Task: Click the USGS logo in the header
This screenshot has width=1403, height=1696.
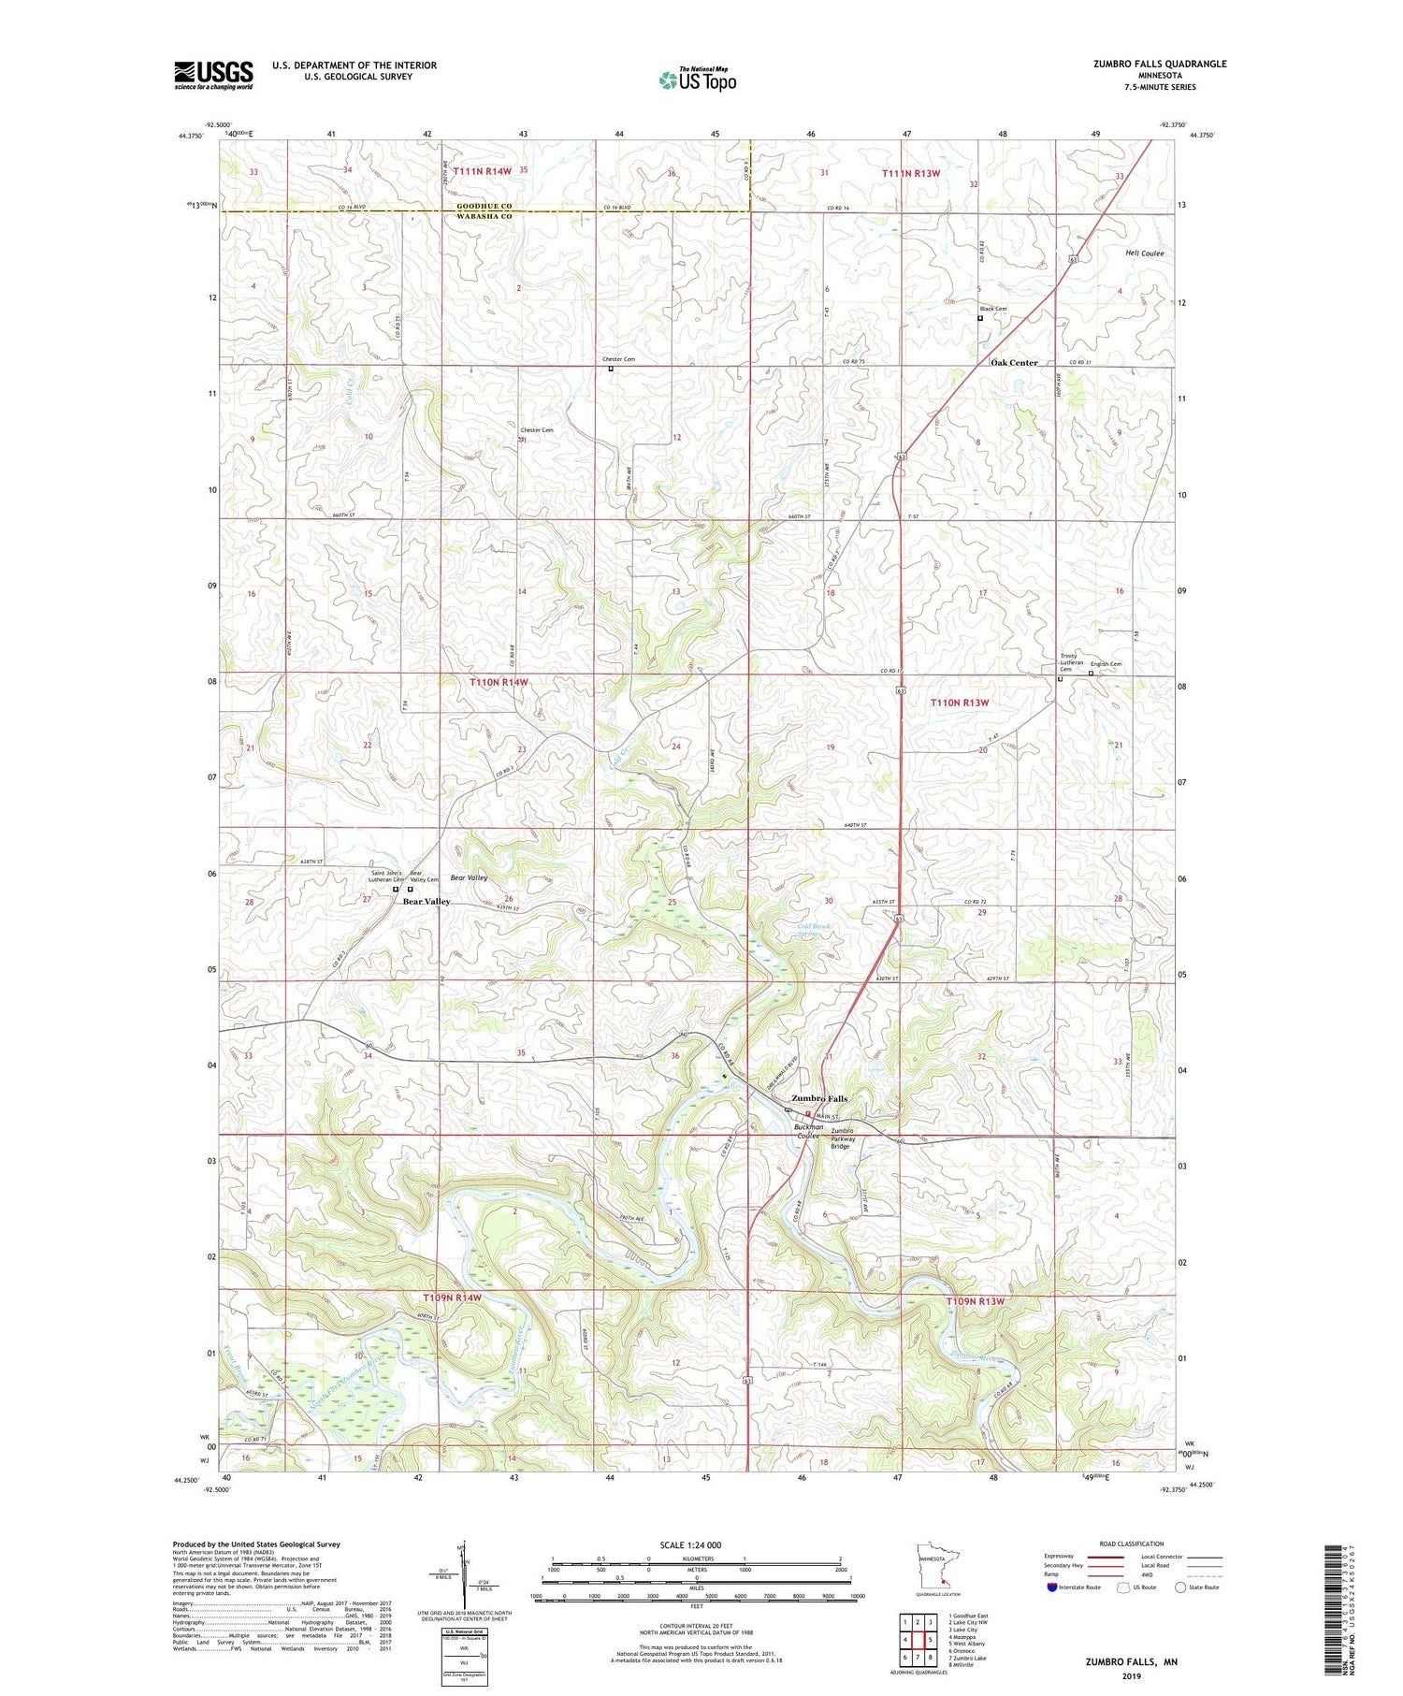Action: [x=213, y=75]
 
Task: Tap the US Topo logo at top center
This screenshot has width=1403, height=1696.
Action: [x=697, y=80]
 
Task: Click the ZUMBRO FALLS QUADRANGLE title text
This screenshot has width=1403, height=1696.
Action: [x=1160, y=64]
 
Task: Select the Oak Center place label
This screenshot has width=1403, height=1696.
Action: [x=1014, y=362]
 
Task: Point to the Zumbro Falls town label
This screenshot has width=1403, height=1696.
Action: [x=819, y=1098]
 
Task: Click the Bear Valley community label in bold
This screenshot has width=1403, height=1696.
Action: [x=427, y=902]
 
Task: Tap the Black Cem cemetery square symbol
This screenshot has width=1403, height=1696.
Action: [x=980, y=318]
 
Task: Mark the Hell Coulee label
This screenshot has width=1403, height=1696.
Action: [x=1144, y=254]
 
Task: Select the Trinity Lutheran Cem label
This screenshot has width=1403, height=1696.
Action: [x=1072, y=661]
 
